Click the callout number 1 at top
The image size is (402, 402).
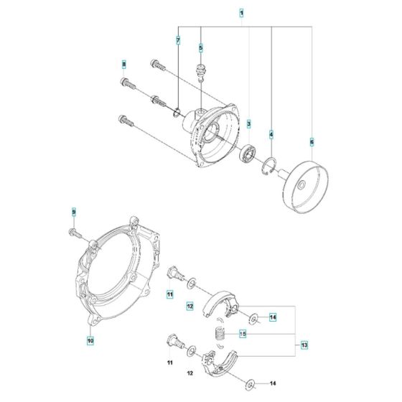coord(242,14)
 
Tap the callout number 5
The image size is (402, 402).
coord(201,47)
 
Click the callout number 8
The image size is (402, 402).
coord(123,65)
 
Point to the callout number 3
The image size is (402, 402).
coord(249,124)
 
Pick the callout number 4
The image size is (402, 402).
coord(271,134)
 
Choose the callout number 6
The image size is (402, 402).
coord(312,141)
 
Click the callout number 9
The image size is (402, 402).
coord(73,212)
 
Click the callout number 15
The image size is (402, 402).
coord(243,334)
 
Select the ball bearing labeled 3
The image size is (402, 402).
coord(248,154)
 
